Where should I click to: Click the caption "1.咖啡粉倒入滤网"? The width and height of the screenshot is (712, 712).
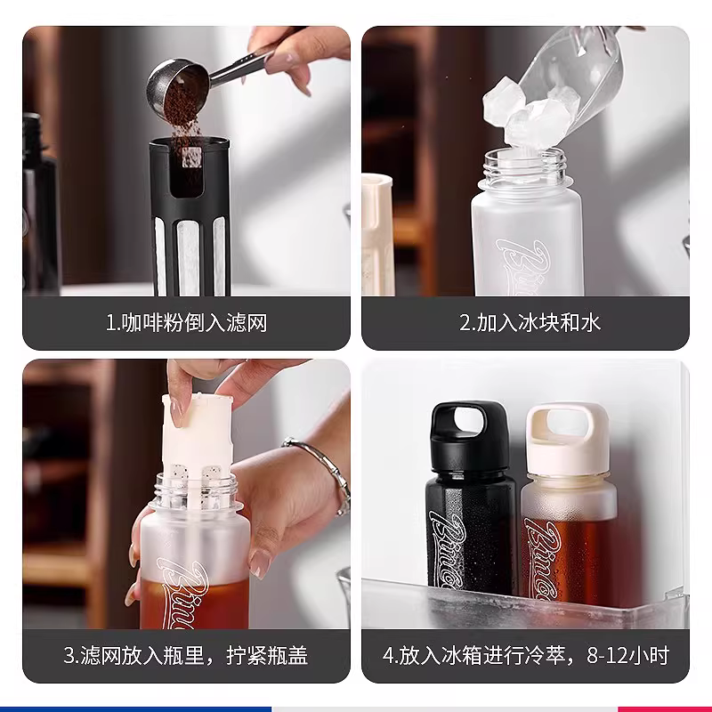[186, 322]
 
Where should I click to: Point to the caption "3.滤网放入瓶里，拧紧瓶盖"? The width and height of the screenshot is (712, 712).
[186, 657]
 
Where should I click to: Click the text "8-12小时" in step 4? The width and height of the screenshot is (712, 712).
[628, 657]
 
